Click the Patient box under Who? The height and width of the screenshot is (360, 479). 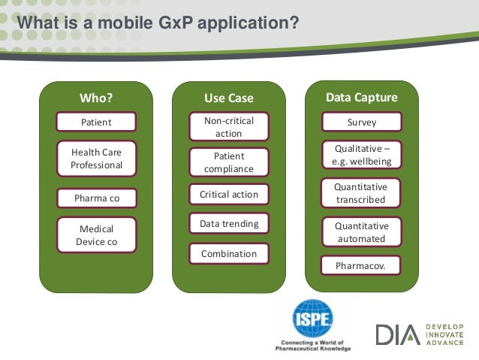[x=96, y=122]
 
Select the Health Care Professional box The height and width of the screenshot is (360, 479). [x=96, y=159]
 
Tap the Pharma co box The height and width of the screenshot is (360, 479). [x=96, y=198]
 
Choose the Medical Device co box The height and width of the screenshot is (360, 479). [x=96, y=235]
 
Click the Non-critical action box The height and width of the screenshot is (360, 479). [x=228, y=127]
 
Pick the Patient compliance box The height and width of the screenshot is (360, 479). [x=228, y=162]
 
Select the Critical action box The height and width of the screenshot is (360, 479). [x=228, y=195]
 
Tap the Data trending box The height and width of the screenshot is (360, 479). [x=228, y=224]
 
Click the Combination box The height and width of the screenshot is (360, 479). [x=228, y=254]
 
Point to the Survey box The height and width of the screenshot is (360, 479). [x=362, y=122]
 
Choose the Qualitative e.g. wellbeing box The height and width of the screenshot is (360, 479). [x=362, y=155]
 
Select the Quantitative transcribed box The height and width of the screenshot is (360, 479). [x=361, y=193]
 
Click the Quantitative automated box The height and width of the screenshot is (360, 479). [x=361, y=232]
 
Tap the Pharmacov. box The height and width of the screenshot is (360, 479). [x=361, y=265]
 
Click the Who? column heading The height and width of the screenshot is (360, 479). [x=95, y=98]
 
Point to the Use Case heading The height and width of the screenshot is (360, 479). [x=228, y=98]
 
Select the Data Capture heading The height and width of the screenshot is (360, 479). [x=361, y=98]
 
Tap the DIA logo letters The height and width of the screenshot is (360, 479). [x=397, y=334]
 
